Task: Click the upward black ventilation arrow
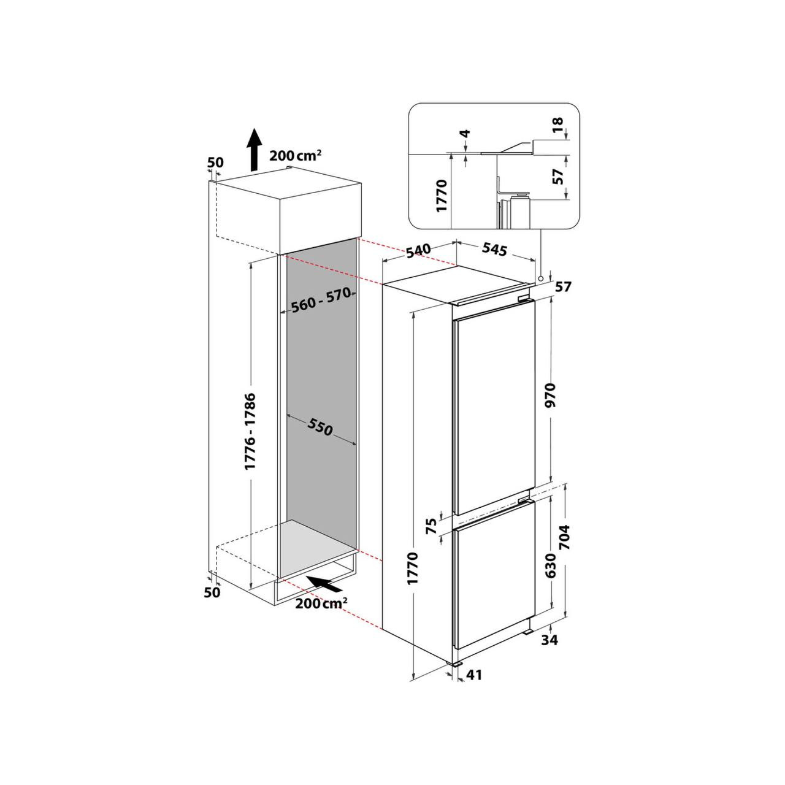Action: pos(255,149)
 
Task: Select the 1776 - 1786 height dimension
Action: pos(251,431)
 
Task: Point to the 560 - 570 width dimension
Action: pos(321,299)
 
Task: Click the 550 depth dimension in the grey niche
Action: pos(320,427)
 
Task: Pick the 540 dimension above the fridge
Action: pos(418,251)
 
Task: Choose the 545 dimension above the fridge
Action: pos(495,249)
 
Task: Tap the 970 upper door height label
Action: pos(551,395)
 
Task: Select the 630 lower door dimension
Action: pos(551,566)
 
